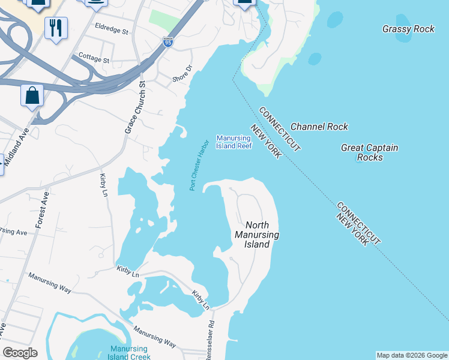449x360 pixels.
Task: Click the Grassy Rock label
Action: [x=408, y=28]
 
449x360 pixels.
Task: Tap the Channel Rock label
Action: [x=319, y=127]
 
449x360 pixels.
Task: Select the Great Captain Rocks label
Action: [x=369, y=152]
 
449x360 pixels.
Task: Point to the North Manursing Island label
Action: [x=256, y=235]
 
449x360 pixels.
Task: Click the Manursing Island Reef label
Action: [x=234, y=142]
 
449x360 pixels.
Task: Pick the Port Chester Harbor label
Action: [x=199, y=165]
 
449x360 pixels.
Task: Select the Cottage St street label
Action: [x=94, y=59]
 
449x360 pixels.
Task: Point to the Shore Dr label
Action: [x=181, y=75]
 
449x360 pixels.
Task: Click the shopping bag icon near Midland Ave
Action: [x=32, y=95]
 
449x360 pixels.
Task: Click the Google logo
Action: [x=20, y=352]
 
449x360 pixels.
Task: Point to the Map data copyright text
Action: [x=412, y=355]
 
